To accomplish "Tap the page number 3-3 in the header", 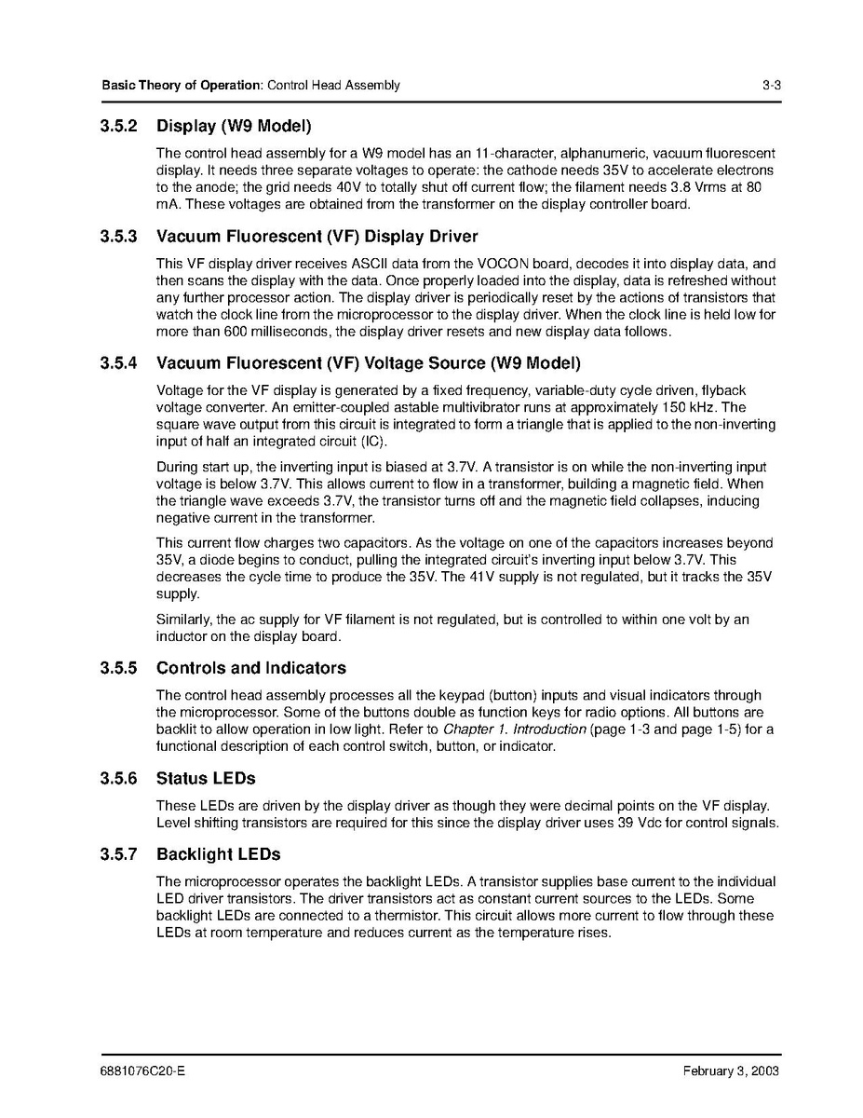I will click(x=770, y=86).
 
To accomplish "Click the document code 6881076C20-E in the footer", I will click(x=143, y=1071).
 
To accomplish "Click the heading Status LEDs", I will click(x=206, y=778).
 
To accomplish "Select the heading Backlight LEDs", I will click(x=218, y=854).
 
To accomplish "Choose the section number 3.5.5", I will click(x=119, y=668).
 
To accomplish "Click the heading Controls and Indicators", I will click(x=250, y=668).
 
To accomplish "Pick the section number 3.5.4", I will click(x=119, y=362).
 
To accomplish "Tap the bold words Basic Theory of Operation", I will click(x=182, y=86).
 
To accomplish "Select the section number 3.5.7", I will click(x=119, y=854).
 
